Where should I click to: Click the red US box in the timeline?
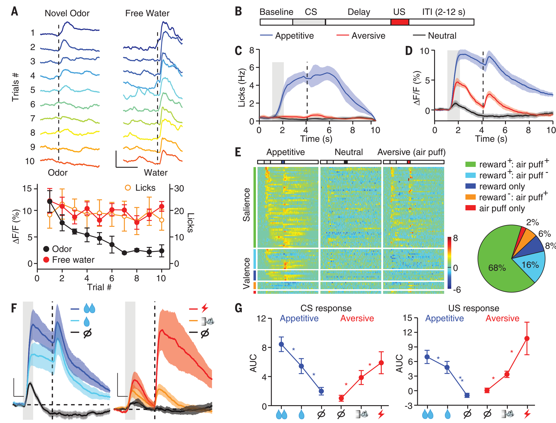point(399,22)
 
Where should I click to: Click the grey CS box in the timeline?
point(309,22)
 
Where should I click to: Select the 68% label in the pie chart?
point(497,268)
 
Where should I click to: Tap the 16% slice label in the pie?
point(530,265)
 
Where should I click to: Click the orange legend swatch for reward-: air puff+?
point(470,197)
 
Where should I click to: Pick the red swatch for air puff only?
point(470,208)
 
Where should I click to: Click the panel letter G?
point(238,308)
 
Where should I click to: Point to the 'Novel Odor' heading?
point(67,13)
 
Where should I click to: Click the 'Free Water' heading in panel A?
point(147,13)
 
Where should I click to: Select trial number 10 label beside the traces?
point(30,161)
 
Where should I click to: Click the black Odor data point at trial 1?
point(50,201)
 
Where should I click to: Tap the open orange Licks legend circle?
point(128,187)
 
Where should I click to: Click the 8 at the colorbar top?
point(456,238)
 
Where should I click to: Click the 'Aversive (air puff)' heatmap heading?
point(411,152)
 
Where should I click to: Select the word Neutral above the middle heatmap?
point(349,152)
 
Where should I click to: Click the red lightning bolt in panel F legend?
point(205,308)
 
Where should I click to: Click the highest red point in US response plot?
point(526,338)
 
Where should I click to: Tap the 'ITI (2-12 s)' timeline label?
point(443,12)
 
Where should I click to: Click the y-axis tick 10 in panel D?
point(424,51)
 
